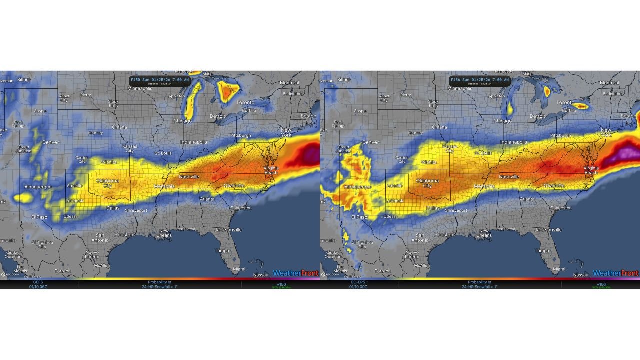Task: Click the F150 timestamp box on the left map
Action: click(160, 80)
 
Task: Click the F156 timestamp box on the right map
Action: click(480, 80)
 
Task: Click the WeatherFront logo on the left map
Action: click(296, 273)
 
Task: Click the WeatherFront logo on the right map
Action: click(616, 273)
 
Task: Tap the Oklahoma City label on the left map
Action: click(107, 183)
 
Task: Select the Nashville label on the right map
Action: click(509, 177)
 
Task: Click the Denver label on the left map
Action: click(50, 142)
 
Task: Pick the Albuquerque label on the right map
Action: click(358, 187)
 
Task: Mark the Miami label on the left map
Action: click(239, 269)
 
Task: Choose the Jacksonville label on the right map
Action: click(548, 230)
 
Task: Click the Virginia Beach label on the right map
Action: click(591, 170)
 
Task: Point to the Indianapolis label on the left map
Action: click(194, 142)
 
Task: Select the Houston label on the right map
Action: click(443, 235)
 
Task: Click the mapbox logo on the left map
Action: click(10, 274)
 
